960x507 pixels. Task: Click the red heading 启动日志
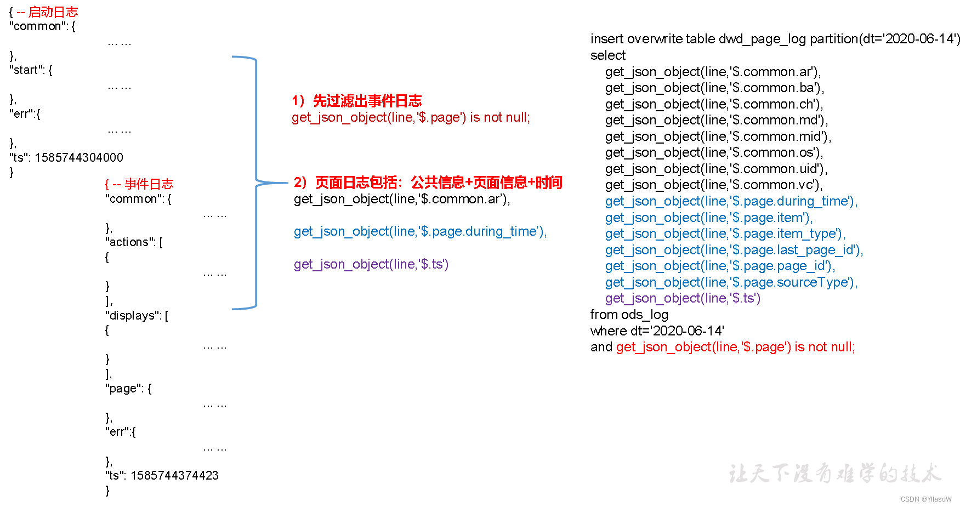coord(53,12)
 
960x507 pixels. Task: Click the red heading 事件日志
coord(149,184)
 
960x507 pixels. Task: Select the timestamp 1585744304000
coord(79,158)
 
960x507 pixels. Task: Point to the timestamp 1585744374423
coord(174,476)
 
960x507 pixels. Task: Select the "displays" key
coord(132,316)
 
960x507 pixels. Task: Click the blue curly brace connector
coord(256,182)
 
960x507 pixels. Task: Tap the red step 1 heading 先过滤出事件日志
coord(367,101)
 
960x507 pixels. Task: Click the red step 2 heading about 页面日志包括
coord(428,183)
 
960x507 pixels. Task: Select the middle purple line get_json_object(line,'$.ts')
coord(371,264)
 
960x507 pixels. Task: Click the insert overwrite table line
coord(775,39)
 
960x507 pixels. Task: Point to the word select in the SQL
coord(607,55)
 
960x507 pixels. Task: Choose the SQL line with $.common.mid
coord(718,136)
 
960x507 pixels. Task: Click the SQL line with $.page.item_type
coord(725,233)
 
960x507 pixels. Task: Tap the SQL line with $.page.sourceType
coord(731,282)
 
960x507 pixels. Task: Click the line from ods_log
coord(629,315)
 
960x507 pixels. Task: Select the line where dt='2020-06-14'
coord(657,331)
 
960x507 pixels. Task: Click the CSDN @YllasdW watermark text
coord(925,499)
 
